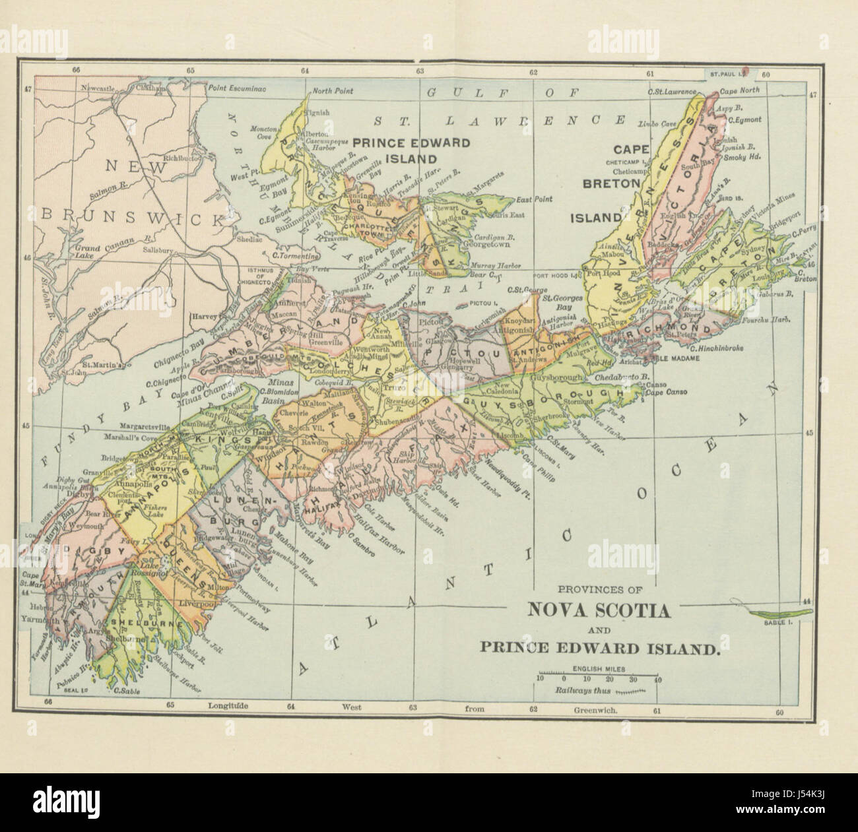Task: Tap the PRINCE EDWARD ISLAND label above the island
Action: (411, 150)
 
